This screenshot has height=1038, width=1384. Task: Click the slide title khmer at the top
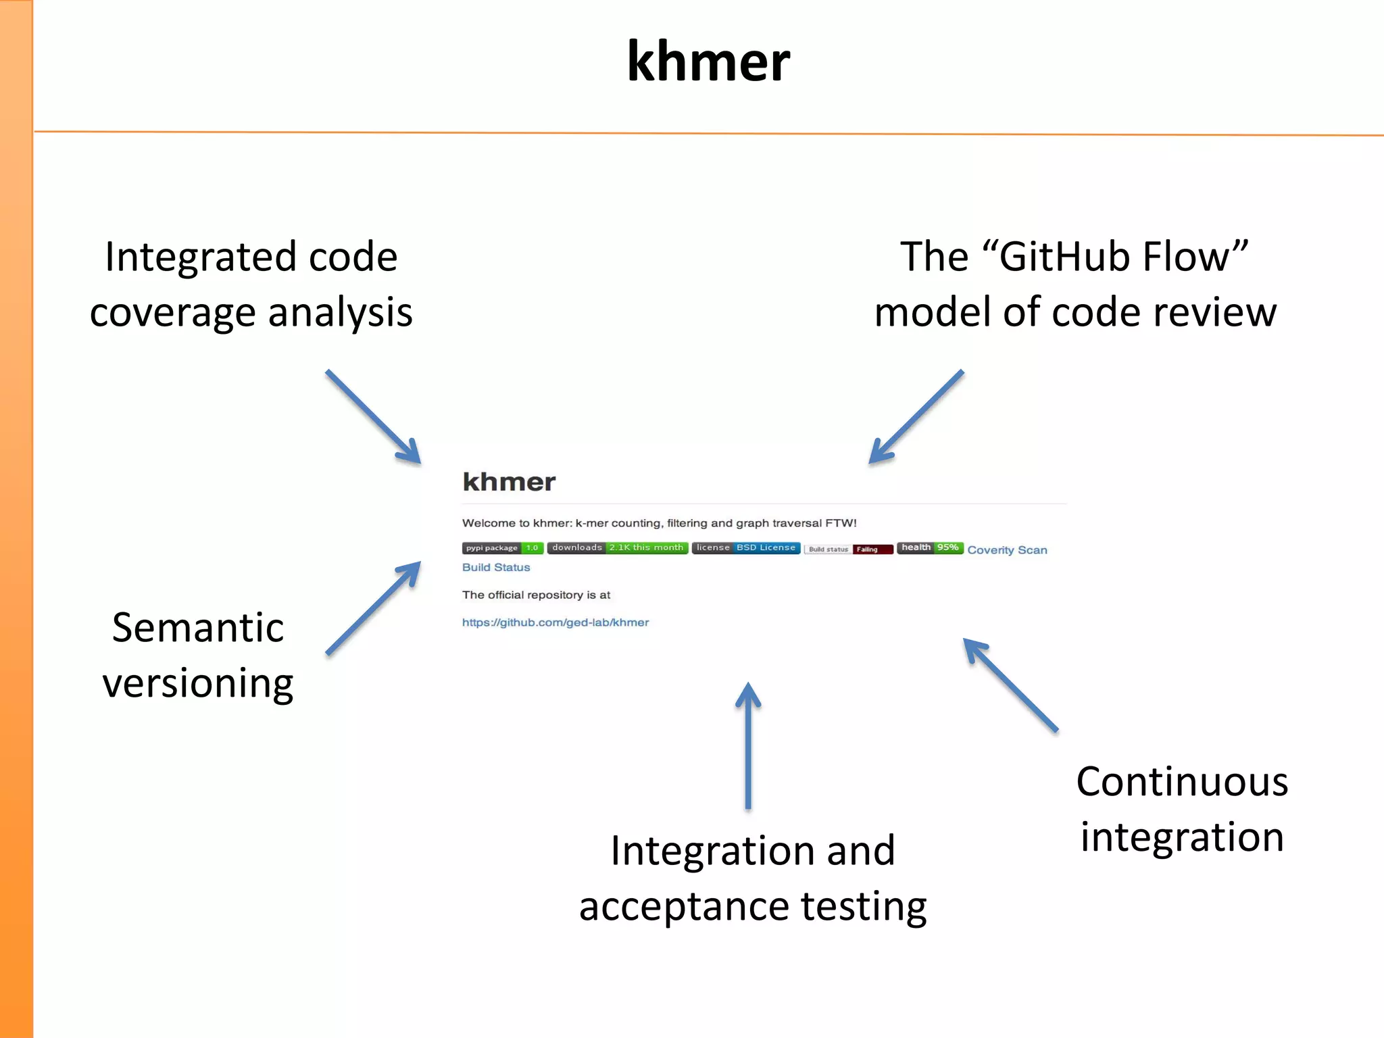pyautogui.click(x=708, y=62)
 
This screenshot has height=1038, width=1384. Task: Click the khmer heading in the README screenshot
pyautogui.click(x=509, y=482)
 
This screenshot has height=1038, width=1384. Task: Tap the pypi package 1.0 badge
pyautogui.click(x=503, y=548)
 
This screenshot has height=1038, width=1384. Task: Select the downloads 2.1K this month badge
pyautogui.click(x=618, y=547)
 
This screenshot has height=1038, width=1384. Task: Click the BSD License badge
pyautogui.click(x=746, y=547)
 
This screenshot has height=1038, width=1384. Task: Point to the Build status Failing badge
pyautogui.click(x=849, y=549)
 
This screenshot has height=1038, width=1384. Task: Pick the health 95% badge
pyautogui.click(x=930, y=547)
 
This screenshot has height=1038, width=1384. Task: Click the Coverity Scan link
pyautogui.click(x=1007, y=550)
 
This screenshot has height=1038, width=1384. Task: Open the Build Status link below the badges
pyautogui.click(x=496, y=568)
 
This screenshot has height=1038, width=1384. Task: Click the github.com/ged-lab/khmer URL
pyautogui.click(x=555, y=622)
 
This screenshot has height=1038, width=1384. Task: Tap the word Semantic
pyautogui.click(x=198, y=628)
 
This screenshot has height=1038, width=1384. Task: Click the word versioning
pyautogui.click(x=198, y=684)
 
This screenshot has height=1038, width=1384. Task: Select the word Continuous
pyautogui.click(x=1182, y=782)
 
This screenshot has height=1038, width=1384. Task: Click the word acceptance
pyautogui.click(x=684, y=906)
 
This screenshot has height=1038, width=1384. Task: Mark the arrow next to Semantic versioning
pyautogui.click(x=373, y=608)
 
